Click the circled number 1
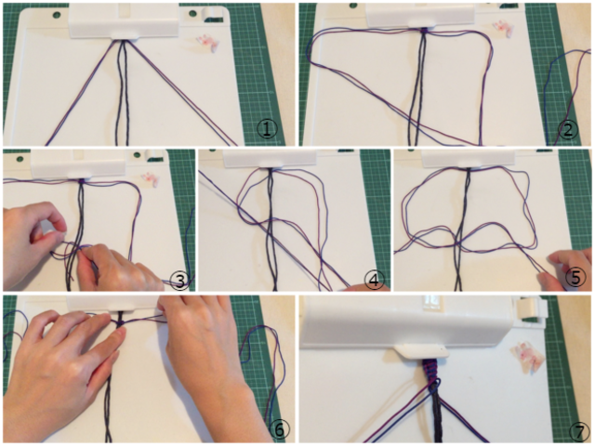pos(267,129)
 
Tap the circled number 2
pos(568,130)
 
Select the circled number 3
pos(178,281)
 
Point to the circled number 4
pos(374,281)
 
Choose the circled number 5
pos(575,278)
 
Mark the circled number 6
pos(279,429)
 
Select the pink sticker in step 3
pos(150,179)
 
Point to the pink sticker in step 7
pos(527,356)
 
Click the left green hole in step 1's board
pos(57,16)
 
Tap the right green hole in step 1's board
pos(192,14)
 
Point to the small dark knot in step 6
pos(120,322)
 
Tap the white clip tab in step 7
pos(421,351)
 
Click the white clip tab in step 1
pos(125,35)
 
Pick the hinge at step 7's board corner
pos(529,308)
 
